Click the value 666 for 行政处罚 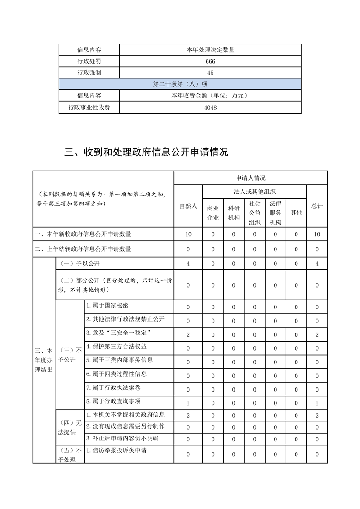210,61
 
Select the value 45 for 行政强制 210,73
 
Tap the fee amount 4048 210,108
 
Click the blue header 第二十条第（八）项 180,84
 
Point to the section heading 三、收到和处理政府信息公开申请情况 146,152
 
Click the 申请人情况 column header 250,178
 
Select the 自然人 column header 188,206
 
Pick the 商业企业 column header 213,213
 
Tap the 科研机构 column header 234,213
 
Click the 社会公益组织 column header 254,212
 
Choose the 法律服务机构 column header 275,212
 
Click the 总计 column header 317,206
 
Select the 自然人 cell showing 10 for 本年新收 188,234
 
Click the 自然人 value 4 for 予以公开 188,264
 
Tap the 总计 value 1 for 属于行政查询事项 317,403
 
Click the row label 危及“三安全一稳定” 118,333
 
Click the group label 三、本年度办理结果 44,360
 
